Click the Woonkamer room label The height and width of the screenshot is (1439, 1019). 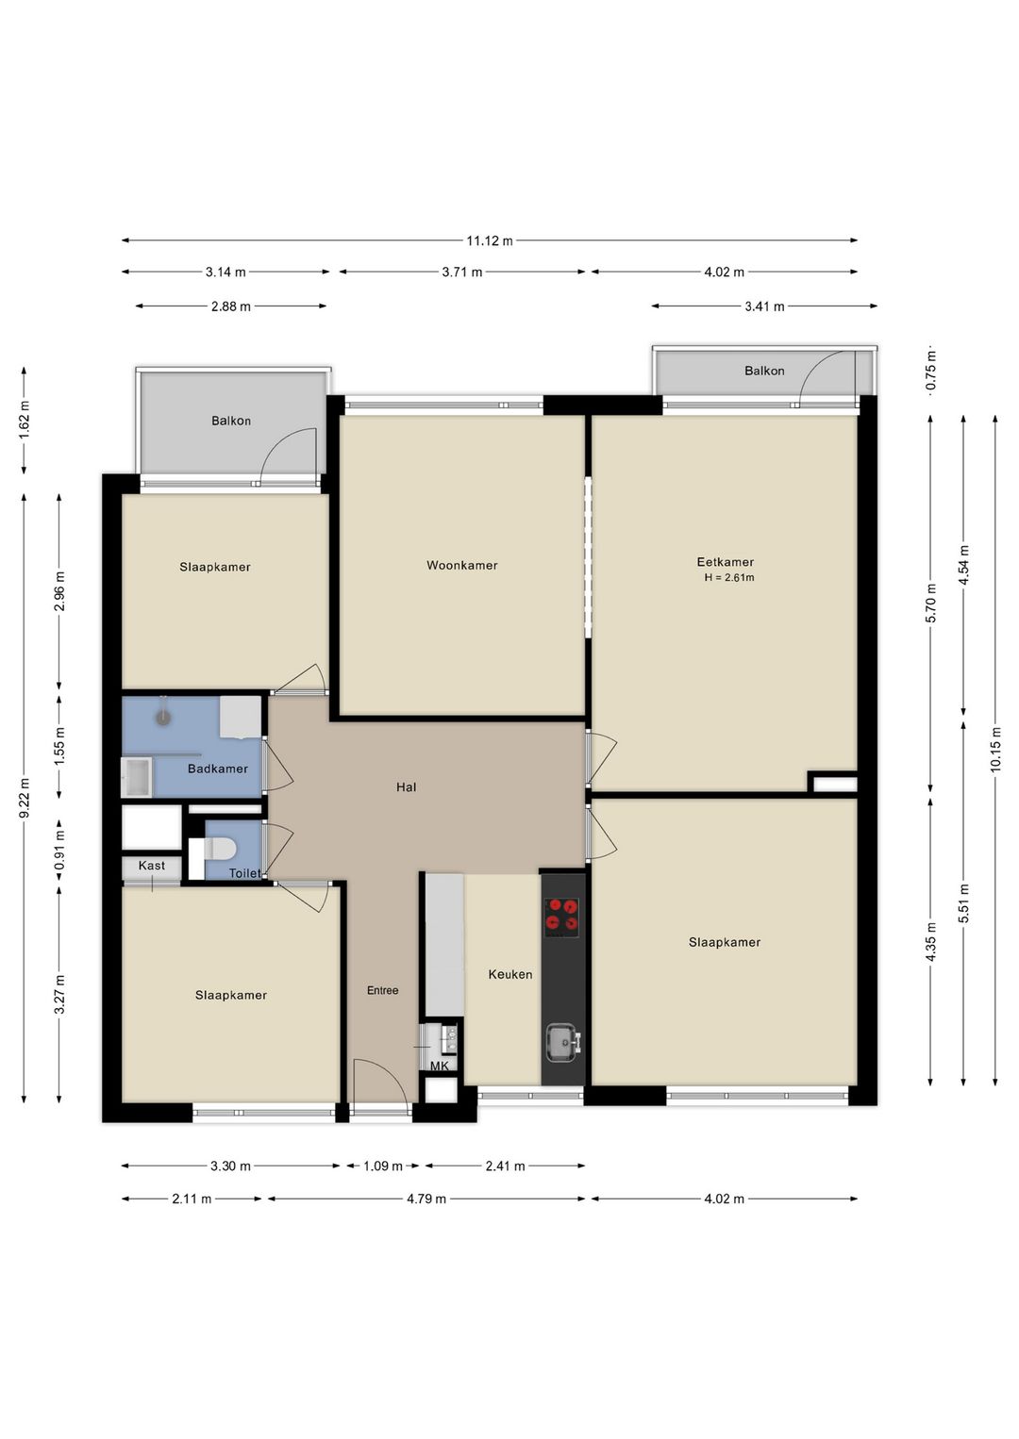click(x=461, y=566)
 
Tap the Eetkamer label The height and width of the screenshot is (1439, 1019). click(x=725, y=562)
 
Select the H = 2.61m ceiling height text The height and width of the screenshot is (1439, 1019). click(x=728, y=578)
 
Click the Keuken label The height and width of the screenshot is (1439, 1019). click(x=509, y=974)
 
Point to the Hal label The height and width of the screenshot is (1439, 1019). click(x=406, y=786)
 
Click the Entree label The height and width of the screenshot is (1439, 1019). click(x=382, y=990)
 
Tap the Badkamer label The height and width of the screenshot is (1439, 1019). click(x=217, y=769)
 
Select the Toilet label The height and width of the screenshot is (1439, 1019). click(x=244, y=873)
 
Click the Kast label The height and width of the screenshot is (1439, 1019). click(x=151, y=866)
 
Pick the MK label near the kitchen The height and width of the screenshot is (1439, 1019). click(x=439, y=1066)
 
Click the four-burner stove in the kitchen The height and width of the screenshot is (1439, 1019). click(x=562, y=917)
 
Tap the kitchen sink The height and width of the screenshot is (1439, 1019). click(x=563, y=1042)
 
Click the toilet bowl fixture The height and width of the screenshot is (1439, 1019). click(x=220, y=848)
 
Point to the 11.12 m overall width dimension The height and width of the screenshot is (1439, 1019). click(x=489, y=240)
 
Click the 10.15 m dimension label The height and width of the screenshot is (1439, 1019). click(x=995, y=750)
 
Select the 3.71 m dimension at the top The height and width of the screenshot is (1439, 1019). click(x=461, y=273)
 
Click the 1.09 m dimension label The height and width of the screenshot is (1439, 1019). click(x=383, y=1166)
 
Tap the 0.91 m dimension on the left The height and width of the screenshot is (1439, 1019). click(x=59, y=849)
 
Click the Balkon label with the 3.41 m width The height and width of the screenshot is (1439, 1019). click(x=763, y=371)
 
